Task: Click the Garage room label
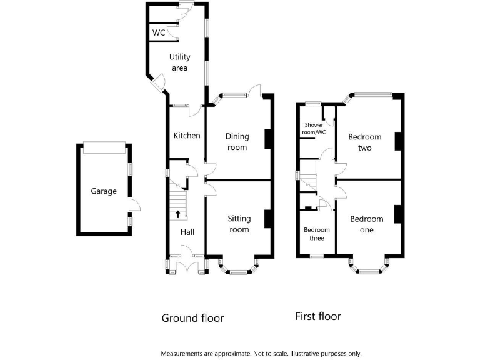pyautogui.click(x=104, y=191)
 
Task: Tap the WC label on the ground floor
pyautogui.click(x=159, y=32)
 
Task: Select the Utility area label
pyautogui.click(x=179, y=62)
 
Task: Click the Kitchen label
pyautogui.click(x=187, y=135)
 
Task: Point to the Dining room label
pyautogui.click(x=237, y=141)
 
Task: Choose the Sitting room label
pyautogui.click(x=239, y=224)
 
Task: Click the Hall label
pyautogui.click(x=187, y=232)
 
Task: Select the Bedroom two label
pyautogui.click(x=365, y=142)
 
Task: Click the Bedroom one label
pyautogui.click(x=367, y=224)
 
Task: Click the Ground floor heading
pyautogui.click(x=192, y=318)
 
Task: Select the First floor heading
pyautogui.click(x=318, y=316)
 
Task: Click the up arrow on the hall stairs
pyautogui.click(x=178, y=214)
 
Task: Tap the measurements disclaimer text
pyautogui.click(x=261, y=353)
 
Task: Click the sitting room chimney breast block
pyautogui.click(x=267, y=219)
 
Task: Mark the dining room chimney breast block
pyautogui.click(x=267, y=139)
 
